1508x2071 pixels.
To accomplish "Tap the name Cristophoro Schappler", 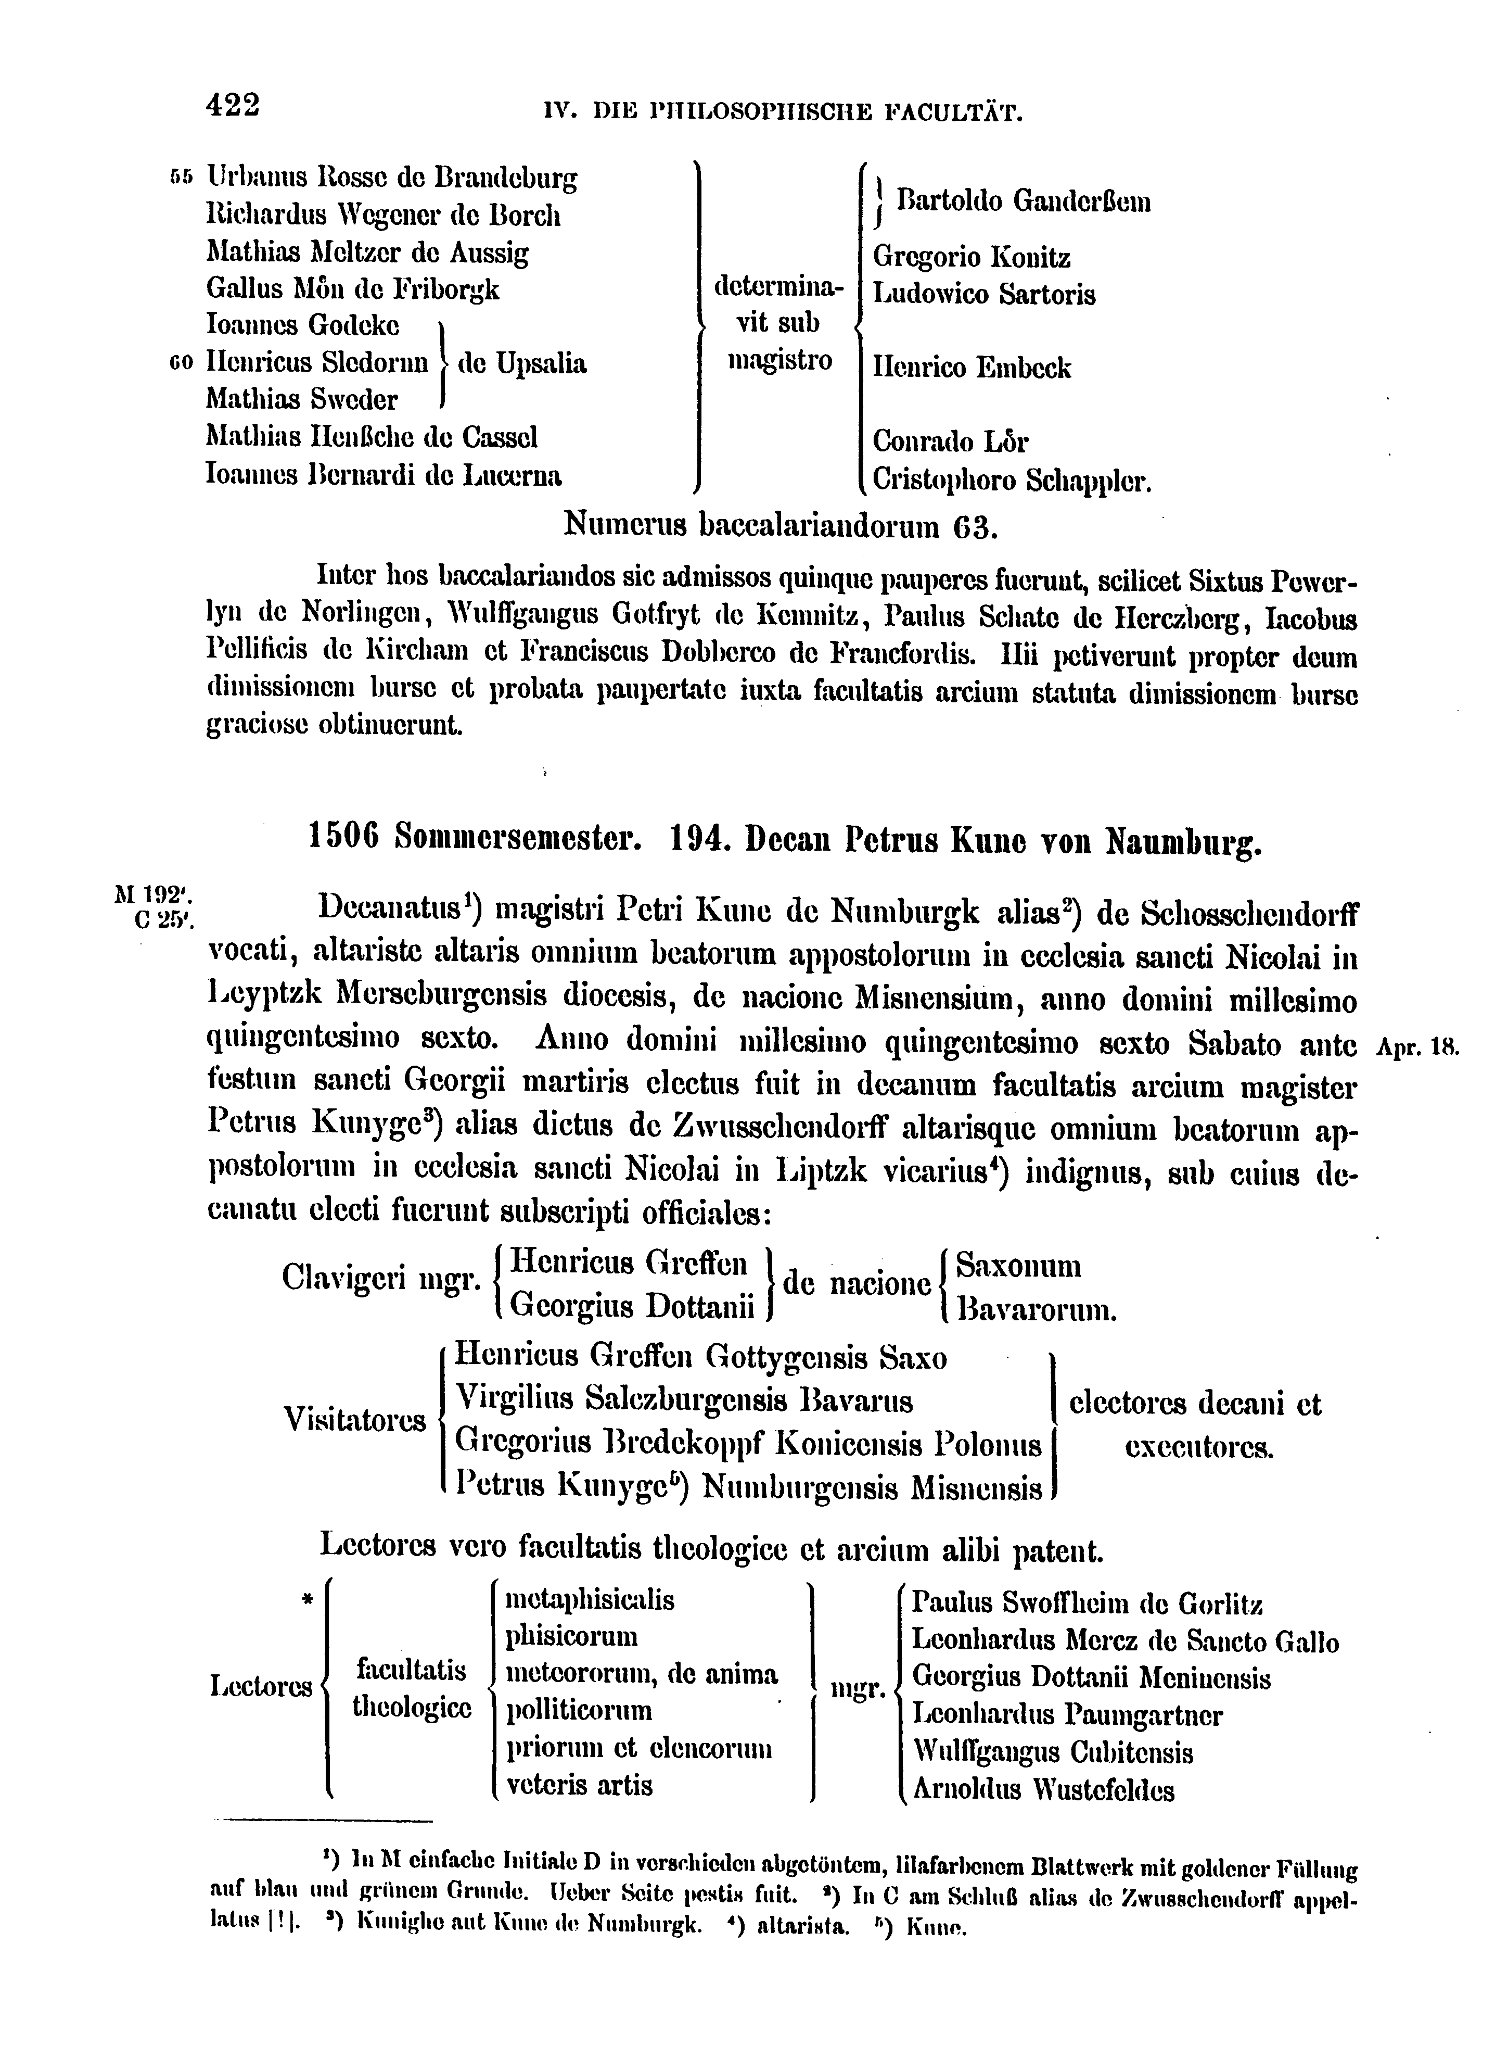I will click(1012, 481).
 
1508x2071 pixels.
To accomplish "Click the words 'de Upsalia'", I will click(522, 363).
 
